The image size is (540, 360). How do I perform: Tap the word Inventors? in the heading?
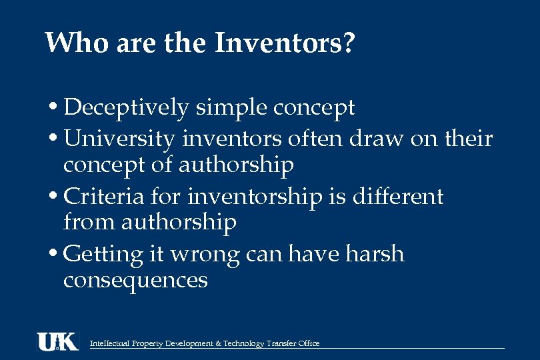click(x=285, y=44)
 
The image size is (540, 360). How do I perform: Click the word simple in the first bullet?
click(x=225, y=108)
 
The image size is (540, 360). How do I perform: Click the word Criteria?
click(x=104, y=197)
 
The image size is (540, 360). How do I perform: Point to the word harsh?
click(x=375, y=254)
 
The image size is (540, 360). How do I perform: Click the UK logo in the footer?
click(x=57, y=341)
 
